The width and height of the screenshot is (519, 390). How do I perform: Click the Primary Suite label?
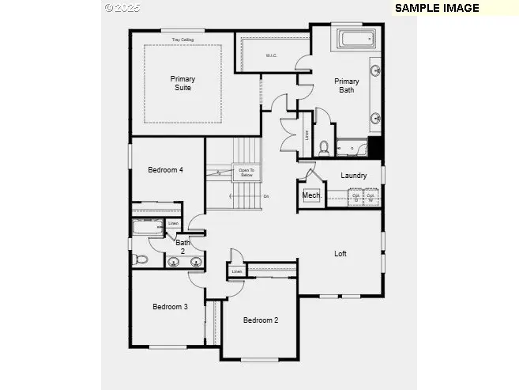pos(182,83)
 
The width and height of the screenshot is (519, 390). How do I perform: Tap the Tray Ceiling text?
pos(182,40)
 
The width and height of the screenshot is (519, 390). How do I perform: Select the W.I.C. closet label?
pos(271,55)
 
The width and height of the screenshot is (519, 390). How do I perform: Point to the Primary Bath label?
pos(346,85)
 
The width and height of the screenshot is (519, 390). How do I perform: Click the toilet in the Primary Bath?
pos(324,147)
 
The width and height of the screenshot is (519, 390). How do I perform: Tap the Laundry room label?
pos(353,176)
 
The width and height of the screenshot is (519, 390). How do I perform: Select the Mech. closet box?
pos(310,195)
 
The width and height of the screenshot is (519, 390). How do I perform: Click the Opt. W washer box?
pos(370,197)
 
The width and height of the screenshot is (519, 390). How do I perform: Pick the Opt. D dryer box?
pos(356,197)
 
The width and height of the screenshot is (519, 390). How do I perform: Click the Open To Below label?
pos(246,172)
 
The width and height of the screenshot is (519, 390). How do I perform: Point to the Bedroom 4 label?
pos(166,169)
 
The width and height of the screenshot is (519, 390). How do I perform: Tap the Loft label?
pos(340,254)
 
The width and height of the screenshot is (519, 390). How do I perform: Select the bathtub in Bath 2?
pos(147,229)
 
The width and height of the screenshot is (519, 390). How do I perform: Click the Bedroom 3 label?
pos(170,307)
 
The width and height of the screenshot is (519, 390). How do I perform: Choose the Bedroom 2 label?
pos(260,320)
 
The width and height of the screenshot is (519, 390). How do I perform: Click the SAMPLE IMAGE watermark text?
pos(437,8)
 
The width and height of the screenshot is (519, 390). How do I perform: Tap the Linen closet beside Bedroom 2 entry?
pos(236,272)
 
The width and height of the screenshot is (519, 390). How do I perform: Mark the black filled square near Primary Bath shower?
pos(375,146)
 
